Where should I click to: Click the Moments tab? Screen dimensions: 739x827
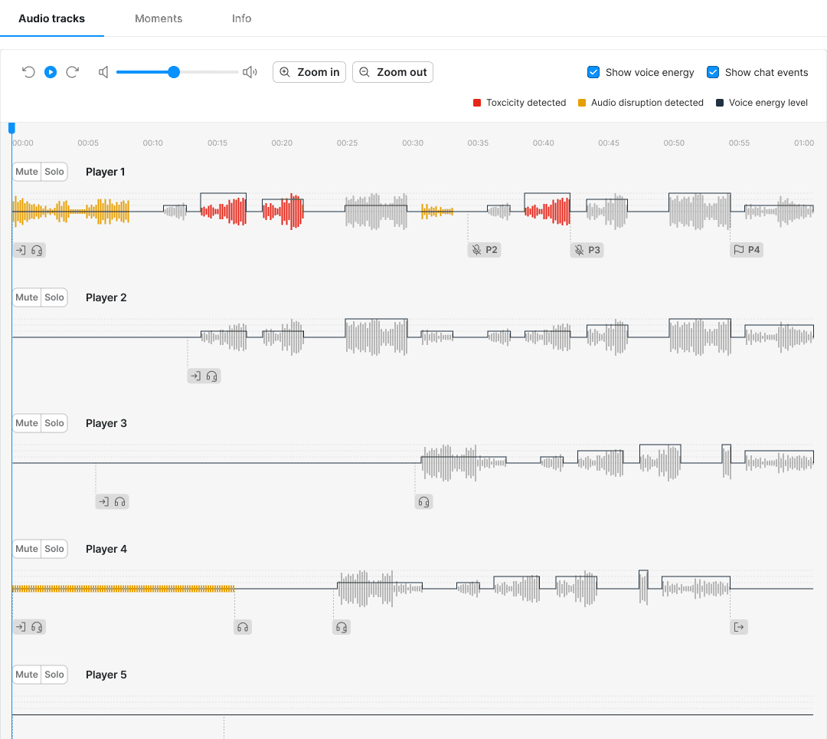159,18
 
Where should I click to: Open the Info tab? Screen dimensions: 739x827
242,18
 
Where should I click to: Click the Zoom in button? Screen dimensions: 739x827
309,72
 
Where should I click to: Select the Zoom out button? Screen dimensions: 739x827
393,72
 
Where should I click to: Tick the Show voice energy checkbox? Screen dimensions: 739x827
593,72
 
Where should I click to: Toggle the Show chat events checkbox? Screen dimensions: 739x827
713,72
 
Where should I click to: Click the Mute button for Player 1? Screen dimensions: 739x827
27,172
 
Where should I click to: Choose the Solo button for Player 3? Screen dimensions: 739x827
54,423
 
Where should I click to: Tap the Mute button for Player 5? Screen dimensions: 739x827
27,675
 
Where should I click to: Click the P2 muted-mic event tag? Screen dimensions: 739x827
485,250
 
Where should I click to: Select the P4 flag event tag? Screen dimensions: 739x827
747,250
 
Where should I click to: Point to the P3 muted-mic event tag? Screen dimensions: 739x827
587,250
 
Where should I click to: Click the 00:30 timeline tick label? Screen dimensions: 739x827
413,143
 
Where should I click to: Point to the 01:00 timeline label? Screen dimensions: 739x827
804,143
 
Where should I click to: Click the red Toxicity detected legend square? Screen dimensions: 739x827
477,103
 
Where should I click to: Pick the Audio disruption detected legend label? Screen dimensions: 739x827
647,103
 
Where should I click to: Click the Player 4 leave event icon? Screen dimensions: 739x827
739,627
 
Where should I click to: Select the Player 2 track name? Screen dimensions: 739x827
106,297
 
